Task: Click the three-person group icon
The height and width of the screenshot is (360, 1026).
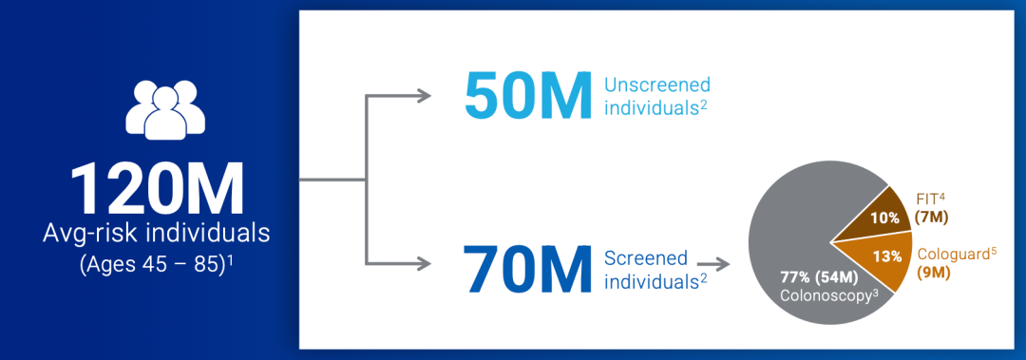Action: coord(165,110)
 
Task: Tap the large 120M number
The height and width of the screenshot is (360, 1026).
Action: coord(158,188)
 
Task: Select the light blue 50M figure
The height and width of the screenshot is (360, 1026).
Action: coord(528,97)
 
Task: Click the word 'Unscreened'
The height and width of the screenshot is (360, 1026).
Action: coord(657,85)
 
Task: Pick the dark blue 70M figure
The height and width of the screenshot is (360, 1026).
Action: coord(528,266)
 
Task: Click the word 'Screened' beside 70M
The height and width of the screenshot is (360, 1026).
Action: coord(646,256)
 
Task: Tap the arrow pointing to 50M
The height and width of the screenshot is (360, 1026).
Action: coord(398,96)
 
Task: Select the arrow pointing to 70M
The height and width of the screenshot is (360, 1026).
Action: coord(398,264)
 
